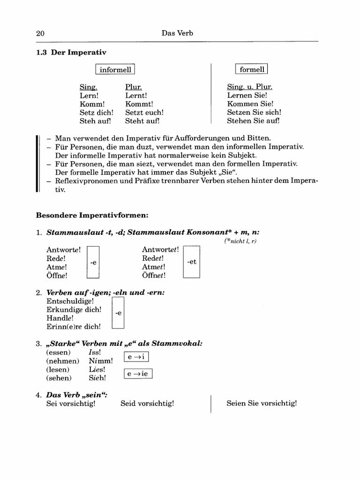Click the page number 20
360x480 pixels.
pos(40,33)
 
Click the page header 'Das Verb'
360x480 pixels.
pos(177,33)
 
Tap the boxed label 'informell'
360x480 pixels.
pos(115,70)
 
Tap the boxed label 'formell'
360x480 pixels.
pos(252,69)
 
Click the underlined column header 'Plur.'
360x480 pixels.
pos(134,87)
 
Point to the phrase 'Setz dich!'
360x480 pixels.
pos(96,112)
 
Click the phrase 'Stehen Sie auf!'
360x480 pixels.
pos(253,121)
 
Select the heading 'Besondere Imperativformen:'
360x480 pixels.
pos(92,216)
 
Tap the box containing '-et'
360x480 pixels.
pos(191,262)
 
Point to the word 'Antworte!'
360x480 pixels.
pos(64,250)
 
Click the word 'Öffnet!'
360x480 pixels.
pos(154,276)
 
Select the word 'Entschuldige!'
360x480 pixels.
pos(70,301)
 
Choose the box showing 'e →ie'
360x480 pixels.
pos(138,374)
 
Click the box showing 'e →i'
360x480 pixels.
pos(136,357)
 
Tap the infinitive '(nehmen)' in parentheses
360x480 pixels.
pos(59,361)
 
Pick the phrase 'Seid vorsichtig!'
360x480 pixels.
pos(147,403)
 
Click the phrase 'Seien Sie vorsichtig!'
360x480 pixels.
pos(262,403)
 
